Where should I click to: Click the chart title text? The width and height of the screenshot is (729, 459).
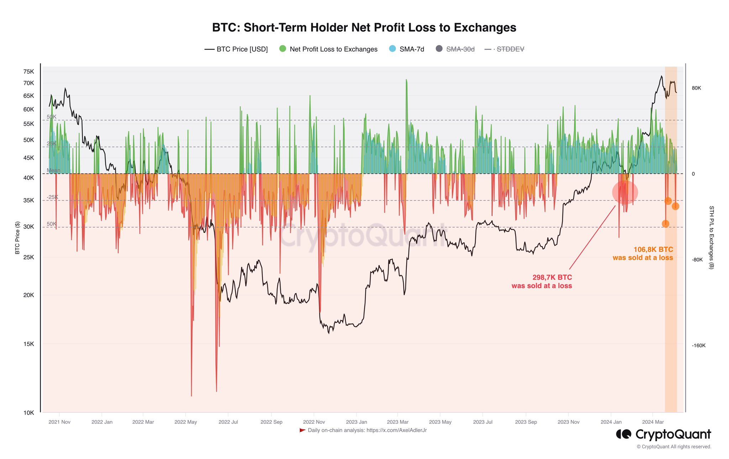(x=364, y=28)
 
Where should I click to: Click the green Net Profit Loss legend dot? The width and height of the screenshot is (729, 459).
(x=283, y=49)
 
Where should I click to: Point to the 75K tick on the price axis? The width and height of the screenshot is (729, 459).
(x=28, y=72)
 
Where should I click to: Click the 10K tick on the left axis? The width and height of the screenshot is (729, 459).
(x=28, y=413)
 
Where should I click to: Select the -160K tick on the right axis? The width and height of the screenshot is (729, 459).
(x=698, y=345)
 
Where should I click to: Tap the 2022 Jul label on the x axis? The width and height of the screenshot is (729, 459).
(x=228, y=422)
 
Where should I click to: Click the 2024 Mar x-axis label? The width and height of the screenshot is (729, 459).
(x=653, y=422)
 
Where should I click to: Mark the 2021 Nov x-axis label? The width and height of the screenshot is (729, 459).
(x=59, y=422)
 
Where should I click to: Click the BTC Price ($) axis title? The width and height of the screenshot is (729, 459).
(x=17, y=238)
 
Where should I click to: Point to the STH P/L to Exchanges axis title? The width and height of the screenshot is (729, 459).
(x=711, y=237)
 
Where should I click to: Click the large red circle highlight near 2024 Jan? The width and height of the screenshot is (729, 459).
(x=625, y=192)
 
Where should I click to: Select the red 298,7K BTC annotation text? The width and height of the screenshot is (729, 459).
(x=541, y=281)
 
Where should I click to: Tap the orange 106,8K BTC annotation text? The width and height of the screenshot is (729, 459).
(x=643, y=254)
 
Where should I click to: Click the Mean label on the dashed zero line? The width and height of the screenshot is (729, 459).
(x=53, y=170)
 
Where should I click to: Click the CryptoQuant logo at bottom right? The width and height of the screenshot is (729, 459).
(x=664, y=434)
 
